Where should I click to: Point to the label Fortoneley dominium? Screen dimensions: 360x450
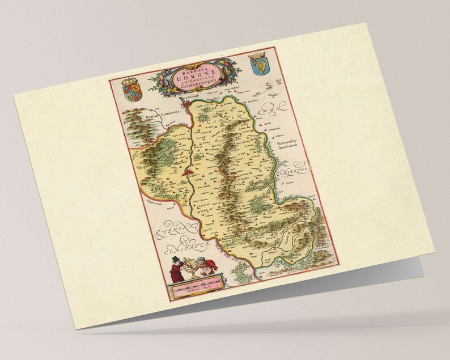pos(290,147)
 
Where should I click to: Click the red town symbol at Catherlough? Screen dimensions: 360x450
pos(182,103)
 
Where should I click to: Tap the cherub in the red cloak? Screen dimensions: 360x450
pos(211,266)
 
